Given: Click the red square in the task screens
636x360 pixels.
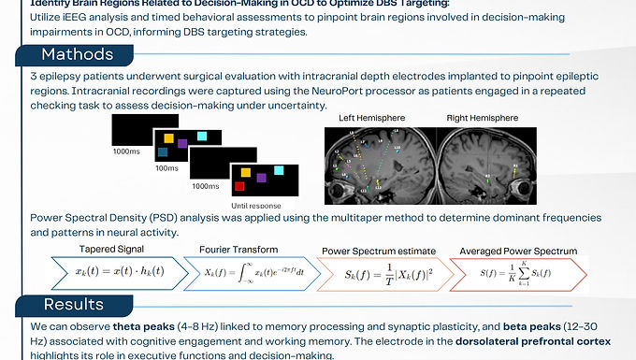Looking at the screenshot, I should (x=244, y=172).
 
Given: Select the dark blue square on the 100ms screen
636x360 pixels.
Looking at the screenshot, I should (x=165, y=151).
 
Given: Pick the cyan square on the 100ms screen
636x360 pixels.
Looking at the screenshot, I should (x=202, y=137).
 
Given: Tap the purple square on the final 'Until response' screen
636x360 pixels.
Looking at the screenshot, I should (x=262, y=177).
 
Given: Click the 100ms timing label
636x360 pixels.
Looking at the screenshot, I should (x=166, y=169).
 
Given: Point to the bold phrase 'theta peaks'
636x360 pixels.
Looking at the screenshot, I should (x=142, y=328).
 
